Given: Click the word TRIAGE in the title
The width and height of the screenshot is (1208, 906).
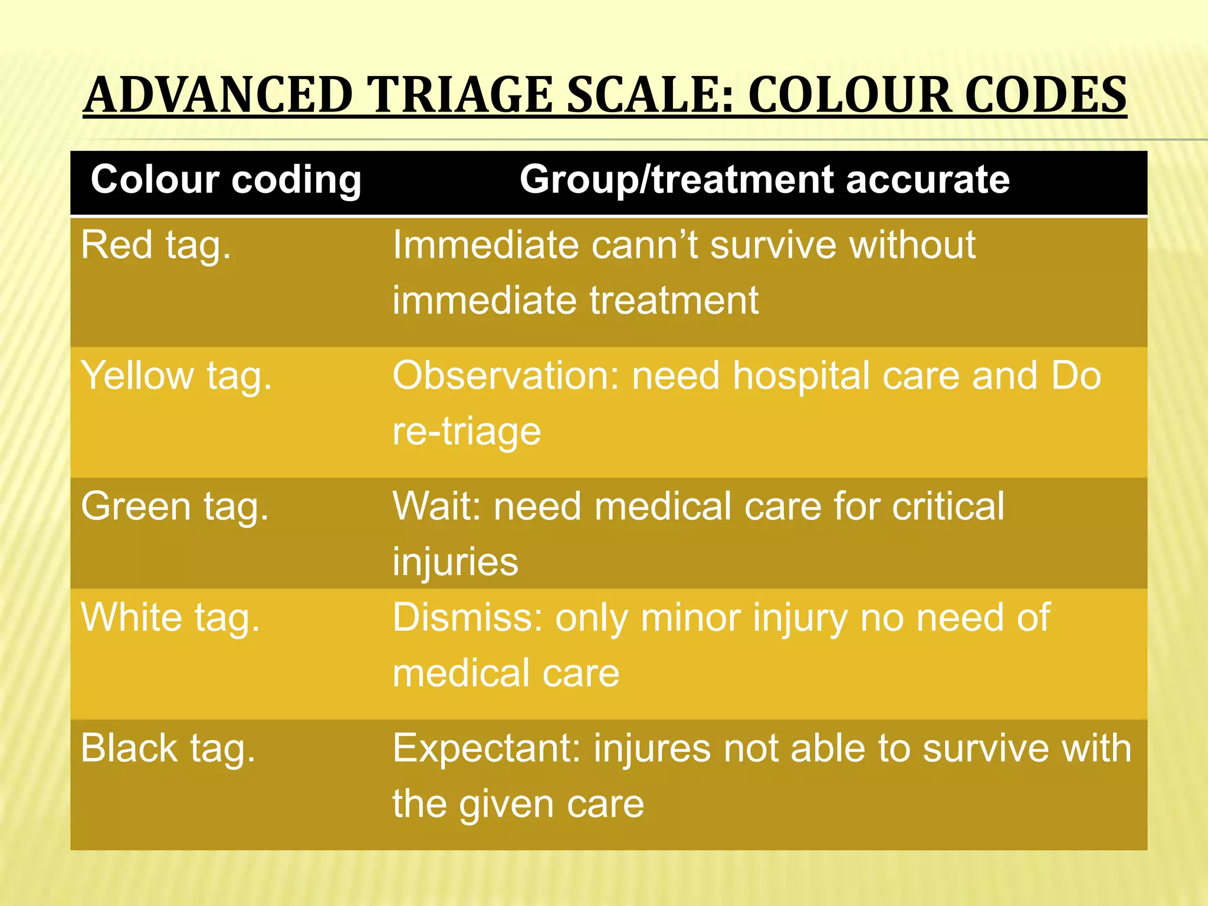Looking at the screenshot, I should pos(459,95).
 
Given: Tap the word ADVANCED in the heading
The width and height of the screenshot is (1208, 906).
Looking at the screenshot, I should pos(218,95).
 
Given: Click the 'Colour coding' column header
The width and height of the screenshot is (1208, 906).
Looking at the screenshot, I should pos(226,180).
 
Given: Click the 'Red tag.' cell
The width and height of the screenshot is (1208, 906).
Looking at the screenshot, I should pos(156,245).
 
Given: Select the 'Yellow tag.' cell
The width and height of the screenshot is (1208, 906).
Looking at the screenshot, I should pos(176,376).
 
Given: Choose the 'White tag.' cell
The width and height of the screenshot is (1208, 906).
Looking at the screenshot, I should pos(170,618).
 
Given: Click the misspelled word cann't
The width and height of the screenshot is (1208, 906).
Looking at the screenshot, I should pos(644,245).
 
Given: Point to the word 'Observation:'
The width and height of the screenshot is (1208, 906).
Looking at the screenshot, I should pos(506,376).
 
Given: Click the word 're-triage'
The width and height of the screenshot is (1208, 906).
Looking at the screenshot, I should pos(467,431).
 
